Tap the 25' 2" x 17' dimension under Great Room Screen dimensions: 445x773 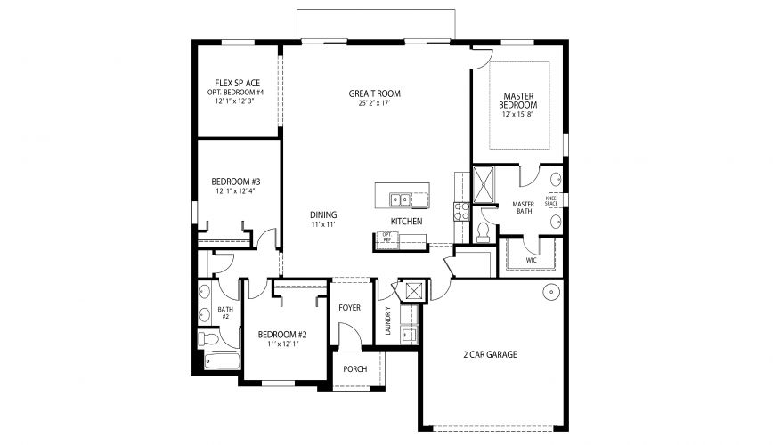[x=374, y=103]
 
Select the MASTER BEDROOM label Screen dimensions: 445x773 [x=518, y=101]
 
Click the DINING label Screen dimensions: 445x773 [x=322, y=214]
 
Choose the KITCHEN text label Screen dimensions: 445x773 [x=406, y=222]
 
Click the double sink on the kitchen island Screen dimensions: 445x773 [x=401, y=199]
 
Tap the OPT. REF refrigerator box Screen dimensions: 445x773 [x=386, y=238]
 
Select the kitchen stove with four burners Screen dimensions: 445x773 [x=462, y=211]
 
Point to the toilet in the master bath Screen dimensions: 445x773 [x=484, y=231]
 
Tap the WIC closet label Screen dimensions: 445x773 [x=532, y=261]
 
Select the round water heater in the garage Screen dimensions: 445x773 [x=552, y=291]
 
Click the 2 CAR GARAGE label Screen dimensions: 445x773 [x=489, y=354]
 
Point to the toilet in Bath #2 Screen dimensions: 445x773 [x=208, y=340]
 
